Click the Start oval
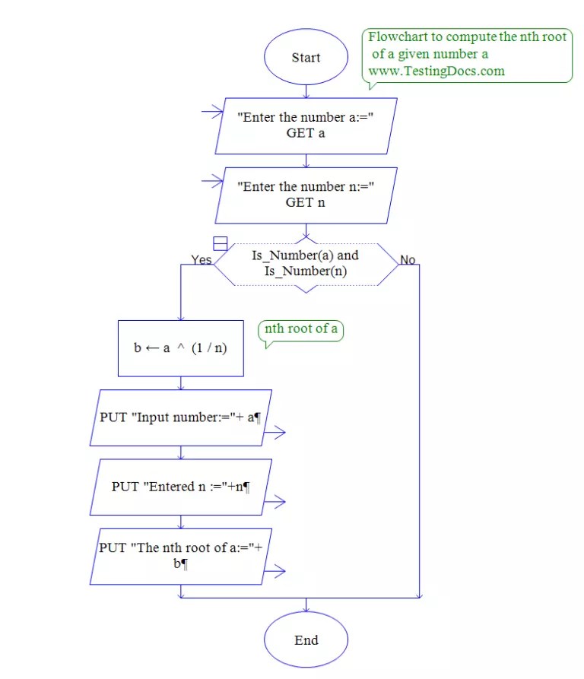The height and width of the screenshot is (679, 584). [306, 58]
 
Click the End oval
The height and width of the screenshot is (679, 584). [306, 639]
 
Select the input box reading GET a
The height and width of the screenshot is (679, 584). [306, 126]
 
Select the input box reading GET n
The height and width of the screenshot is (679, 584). [306, 195]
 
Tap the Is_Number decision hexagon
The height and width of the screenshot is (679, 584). [306, 263]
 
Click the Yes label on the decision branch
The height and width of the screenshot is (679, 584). [202, 260]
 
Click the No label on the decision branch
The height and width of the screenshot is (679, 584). [408, 260]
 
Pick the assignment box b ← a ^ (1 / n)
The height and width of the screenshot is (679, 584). [181, 348]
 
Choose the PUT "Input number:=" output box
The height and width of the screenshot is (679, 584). [181, 417]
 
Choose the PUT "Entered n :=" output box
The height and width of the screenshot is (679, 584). [181, 487]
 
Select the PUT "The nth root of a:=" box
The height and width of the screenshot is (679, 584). [181, 556]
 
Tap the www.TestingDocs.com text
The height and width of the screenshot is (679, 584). [436, 71]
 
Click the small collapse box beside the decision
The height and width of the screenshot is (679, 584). [221, 243]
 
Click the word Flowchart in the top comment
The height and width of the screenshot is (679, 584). [395, 37]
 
